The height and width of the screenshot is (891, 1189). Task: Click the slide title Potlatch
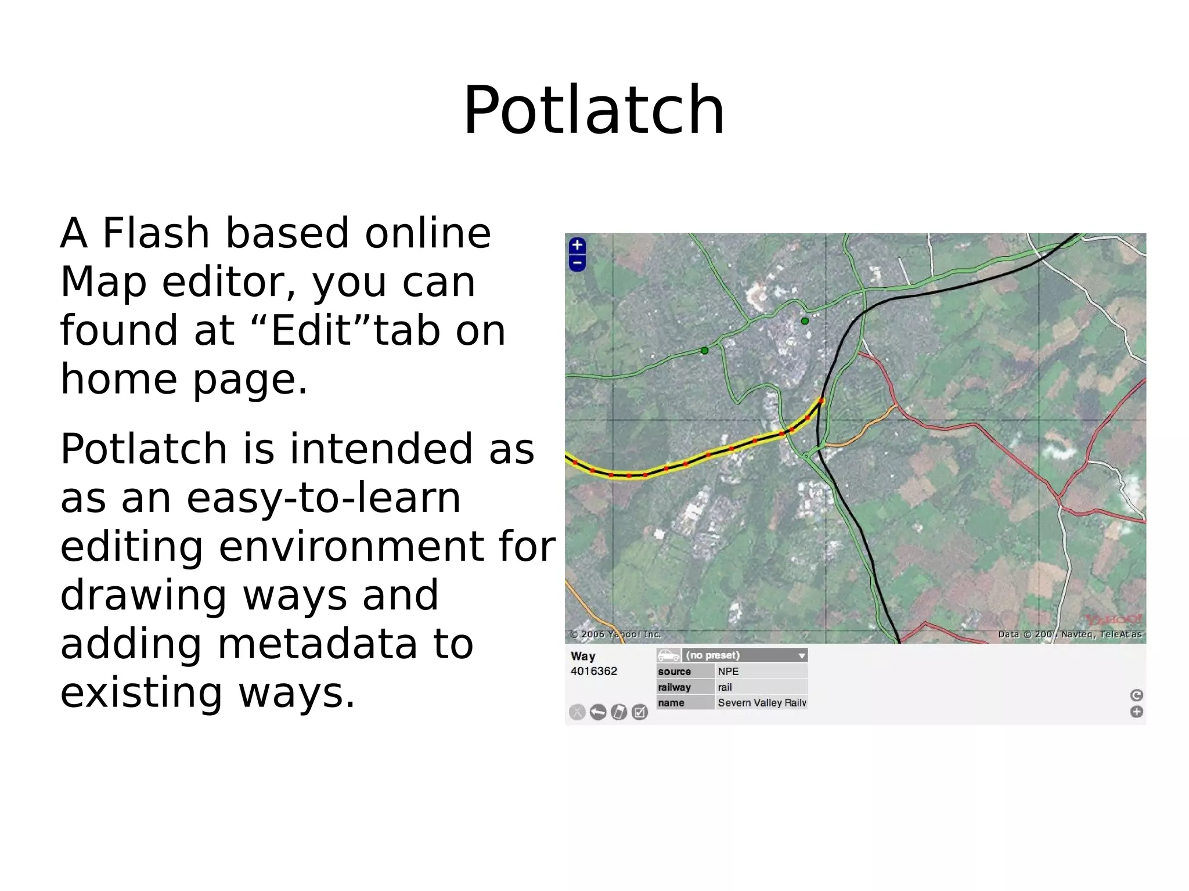tap(593, 110)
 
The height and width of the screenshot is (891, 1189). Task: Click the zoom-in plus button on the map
tap(577, 245)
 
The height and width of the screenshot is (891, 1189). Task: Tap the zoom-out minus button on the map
tap(577, 263)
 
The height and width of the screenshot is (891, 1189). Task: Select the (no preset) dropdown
tap(745, 655)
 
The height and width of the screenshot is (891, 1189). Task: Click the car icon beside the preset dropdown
tap(668, 655)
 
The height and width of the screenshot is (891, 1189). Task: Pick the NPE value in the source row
tap(728, 672)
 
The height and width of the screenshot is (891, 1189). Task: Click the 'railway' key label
tap(674, 687)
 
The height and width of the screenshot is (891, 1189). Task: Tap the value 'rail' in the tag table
tap(725, 687)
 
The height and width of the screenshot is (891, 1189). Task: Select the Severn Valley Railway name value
tap(761, 703)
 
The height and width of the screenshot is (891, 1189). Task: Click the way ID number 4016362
tap(593, 672)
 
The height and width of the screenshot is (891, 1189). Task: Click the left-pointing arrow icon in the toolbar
tap(597, 712)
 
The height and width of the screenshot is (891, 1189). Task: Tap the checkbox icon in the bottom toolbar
tap(639, 712)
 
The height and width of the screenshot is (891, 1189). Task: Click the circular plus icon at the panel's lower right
tap(1136, 712)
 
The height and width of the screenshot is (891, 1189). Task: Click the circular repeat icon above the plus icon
tap(1136, 695)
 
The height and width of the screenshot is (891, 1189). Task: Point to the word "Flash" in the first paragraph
tap(156, 233)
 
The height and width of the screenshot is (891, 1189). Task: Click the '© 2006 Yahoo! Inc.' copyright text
tap(615, 634)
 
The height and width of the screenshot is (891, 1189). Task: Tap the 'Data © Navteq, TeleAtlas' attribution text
tap(1069, 634)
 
